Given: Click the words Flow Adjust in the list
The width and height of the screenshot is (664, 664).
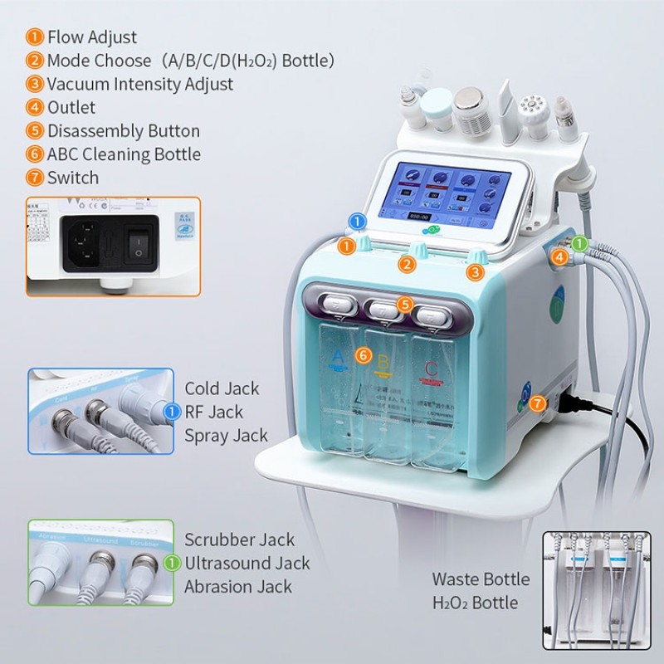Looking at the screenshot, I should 91,37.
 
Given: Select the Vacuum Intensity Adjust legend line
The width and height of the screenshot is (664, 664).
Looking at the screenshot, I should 139,84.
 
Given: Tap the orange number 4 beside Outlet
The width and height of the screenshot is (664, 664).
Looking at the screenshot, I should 35,107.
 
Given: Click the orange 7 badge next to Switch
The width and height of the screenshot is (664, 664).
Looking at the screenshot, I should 35,178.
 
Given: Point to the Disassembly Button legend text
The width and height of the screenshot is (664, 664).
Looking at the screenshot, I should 123,131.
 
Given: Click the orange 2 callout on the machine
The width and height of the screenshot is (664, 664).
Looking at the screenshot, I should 407,265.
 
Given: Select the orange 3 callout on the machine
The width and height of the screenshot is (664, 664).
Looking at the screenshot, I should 475,271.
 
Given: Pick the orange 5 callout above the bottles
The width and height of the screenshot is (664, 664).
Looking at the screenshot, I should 404,305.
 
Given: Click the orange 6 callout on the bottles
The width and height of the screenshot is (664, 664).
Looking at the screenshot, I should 362,354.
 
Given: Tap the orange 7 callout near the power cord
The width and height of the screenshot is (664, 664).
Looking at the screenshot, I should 538,403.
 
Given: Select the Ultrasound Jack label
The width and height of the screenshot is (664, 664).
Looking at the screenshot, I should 247,564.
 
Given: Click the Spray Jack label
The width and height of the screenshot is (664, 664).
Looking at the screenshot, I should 226,435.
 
